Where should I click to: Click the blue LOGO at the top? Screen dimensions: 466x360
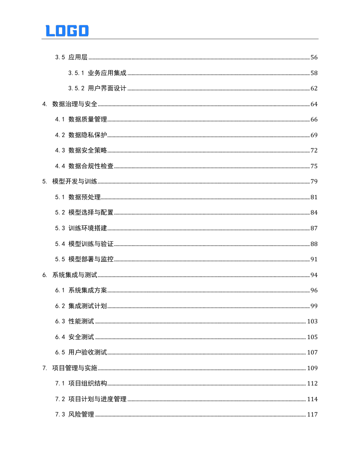[67, 31]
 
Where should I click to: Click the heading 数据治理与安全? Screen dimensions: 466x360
[75, 104]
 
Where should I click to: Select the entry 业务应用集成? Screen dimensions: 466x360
[107, 73]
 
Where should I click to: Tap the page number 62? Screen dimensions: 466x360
[314, 89]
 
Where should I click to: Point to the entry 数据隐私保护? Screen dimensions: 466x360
[88, 135]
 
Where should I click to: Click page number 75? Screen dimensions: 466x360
[314, 166]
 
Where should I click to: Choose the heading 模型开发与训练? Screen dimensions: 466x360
[75, 182]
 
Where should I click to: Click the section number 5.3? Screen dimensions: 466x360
[60, 229]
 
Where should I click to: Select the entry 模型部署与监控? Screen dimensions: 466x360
[91, 260]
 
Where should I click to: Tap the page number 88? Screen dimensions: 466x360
[314, 244]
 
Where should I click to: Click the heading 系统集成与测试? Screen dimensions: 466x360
[75, 275]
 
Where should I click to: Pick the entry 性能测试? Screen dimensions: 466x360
[81, 322]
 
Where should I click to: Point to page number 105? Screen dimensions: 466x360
[312, 337]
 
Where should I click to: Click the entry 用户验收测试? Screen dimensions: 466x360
[88, 353]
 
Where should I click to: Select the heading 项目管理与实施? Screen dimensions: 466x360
[75, 368]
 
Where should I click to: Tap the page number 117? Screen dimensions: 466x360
[312, 415]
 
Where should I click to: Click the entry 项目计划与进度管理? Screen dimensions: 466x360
[97, 399]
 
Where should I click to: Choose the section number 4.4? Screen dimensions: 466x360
[60, 166]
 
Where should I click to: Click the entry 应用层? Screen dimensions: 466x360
[78, 58]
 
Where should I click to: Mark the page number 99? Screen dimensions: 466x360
[314, 306]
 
